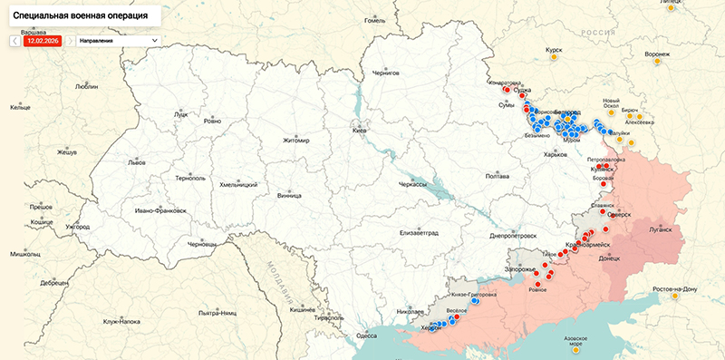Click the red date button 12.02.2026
click(x=43, y=41)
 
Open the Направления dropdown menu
click(x=118, y=41)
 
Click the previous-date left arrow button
click(x=15, y=41)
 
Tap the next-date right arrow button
click(x=70, y=41)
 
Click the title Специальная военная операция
click(x=81, y=16)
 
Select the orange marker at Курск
click(x=554, y=58)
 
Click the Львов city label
click(x=136, y=163)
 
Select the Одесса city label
click(x=366, y=336)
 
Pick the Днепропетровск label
click(x=515, y=236)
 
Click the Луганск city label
click(x=661, y=229)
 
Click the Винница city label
click(x=289, y=194)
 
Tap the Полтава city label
click(x=498, y=176)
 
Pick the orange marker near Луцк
click(x=214, y=118)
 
